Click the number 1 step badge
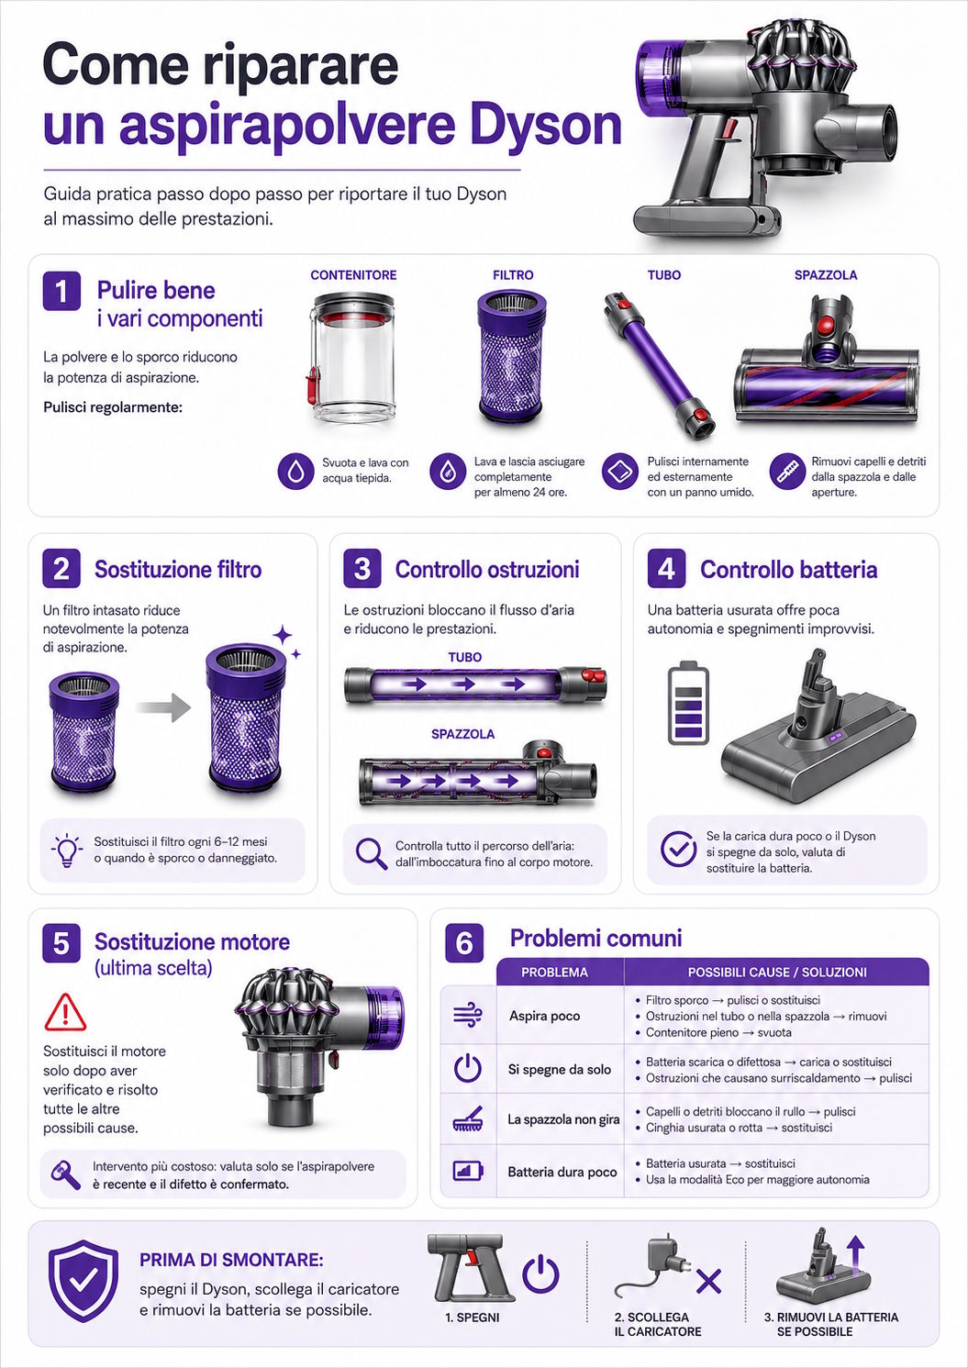pos(61,292)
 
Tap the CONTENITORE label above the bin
pos(353,275)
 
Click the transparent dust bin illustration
pos(351,357)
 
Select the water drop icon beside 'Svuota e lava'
pos(296,471)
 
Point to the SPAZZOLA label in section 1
pos(826,275)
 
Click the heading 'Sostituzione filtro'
pos(178,569)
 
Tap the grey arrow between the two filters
pos(163,707)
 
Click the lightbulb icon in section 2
pos(67,851)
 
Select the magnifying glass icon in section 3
pos(372,854)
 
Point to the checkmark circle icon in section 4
pos(678,849)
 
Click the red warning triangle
pos(65,1012)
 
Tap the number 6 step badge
pos(464,943)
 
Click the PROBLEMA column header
pos(554,973)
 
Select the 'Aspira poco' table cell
pos(545,1016)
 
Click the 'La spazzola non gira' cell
pos(563,1119)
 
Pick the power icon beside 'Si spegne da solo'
pos(468,1069)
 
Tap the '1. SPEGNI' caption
pos(473,1318)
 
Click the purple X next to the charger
pos(708,1281)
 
